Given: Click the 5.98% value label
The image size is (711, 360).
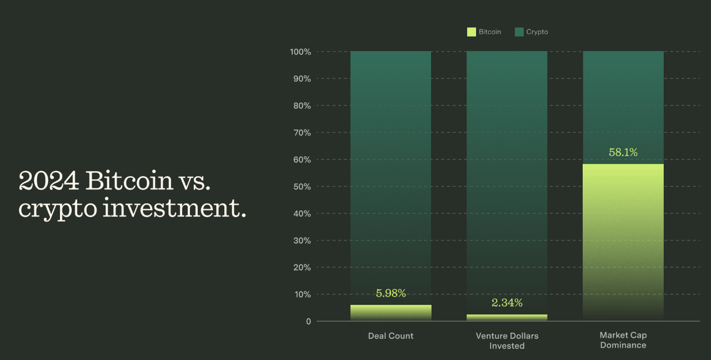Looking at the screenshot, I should click(x=390, y=293).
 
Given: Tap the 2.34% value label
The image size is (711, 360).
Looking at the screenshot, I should click(x=507, y=303).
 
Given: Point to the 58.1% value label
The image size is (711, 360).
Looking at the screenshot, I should click(x=623, y=152).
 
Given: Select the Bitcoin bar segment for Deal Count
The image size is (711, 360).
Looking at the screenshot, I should click(x=390, y=313).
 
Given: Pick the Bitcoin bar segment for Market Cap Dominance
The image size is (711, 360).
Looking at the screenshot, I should click(x=623, y=239).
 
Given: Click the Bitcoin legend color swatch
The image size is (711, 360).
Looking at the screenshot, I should click(x=472, y=32).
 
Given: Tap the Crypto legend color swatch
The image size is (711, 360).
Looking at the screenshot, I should click(x=519, y=32).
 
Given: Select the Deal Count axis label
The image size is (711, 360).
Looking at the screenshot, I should click(x=390, y=336).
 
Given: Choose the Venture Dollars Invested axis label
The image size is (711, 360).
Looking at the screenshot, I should click(x=507, y=341).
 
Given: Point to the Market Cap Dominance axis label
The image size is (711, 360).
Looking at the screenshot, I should click(x=623, y=340).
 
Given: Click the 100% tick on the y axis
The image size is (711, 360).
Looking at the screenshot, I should click(x=300, y=52).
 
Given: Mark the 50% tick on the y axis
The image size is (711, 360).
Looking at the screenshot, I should click(x=302, y=187).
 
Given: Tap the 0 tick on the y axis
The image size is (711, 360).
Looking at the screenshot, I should click(x=308, y=322).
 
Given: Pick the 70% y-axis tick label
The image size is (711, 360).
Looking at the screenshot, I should click(x=302, y=133).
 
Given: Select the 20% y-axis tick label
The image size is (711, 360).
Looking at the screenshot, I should click(x=302, y=268).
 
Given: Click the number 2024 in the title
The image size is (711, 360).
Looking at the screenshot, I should click(x=49, y=181).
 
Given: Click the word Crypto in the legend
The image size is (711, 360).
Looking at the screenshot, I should click(x=537, y=32).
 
